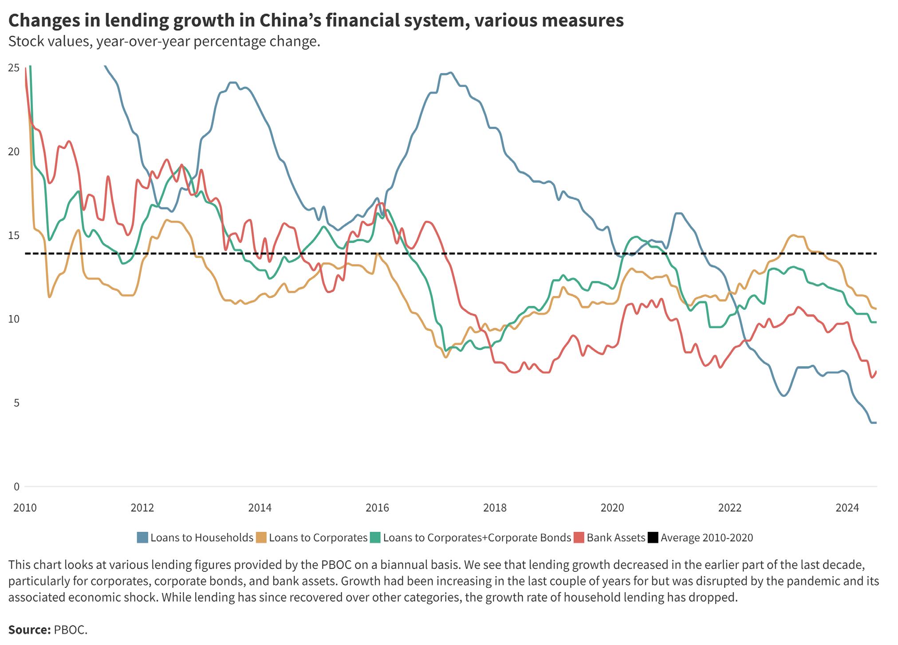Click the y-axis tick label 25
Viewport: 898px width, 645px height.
(x=14, y=68)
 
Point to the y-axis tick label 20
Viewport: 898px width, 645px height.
(x=14, y=152)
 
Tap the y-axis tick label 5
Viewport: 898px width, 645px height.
(x=16, y=403)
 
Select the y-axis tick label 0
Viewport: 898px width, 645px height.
(x=16, y=487)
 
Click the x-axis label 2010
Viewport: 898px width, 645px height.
(x=25, y=508)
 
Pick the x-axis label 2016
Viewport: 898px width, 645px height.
(x=377, y=508)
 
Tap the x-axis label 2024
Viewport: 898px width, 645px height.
(x=847, y=508)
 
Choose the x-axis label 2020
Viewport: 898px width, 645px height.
(x=612, y=508)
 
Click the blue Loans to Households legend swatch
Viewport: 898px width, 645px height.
(x=142, y=538)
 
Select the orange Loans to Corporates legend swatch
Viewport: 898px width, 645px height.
(x=261, y=538)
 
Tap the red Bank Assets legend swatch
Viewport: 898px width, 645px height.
(x=579, y=538)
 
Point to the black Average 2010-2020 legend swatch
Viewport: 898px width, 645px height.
(x=653, y=538)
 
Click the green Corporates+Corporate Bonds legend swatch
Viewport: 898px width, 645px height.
(x=375, y=538)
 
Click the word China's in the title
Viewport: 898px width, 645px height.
(x=292, y=20)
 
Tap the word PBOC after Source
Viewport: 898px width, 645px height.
(x=70, y=630)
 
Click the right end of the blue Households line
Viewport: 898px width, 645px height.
(x=875, y=423)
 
